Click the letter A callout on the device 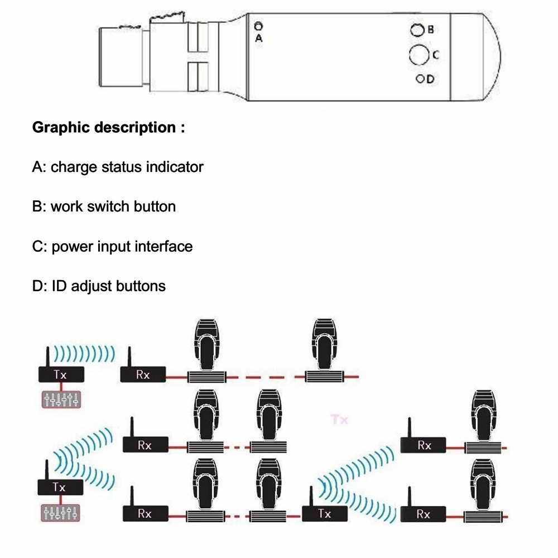point(258,38)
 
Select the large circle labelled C point(419,55)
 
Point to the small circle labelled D point(420,79)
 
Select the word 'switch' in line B point(108,206)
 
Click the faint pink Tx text point(339,419)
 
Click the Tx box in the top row point(60,374)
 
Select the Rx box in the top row point(143,374)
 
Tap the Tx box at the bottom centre point(325,513)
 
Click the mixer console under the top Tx point(61,398)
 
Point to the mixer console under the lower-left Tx point(61,512)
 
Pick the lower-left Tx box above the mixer point(60,487)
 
